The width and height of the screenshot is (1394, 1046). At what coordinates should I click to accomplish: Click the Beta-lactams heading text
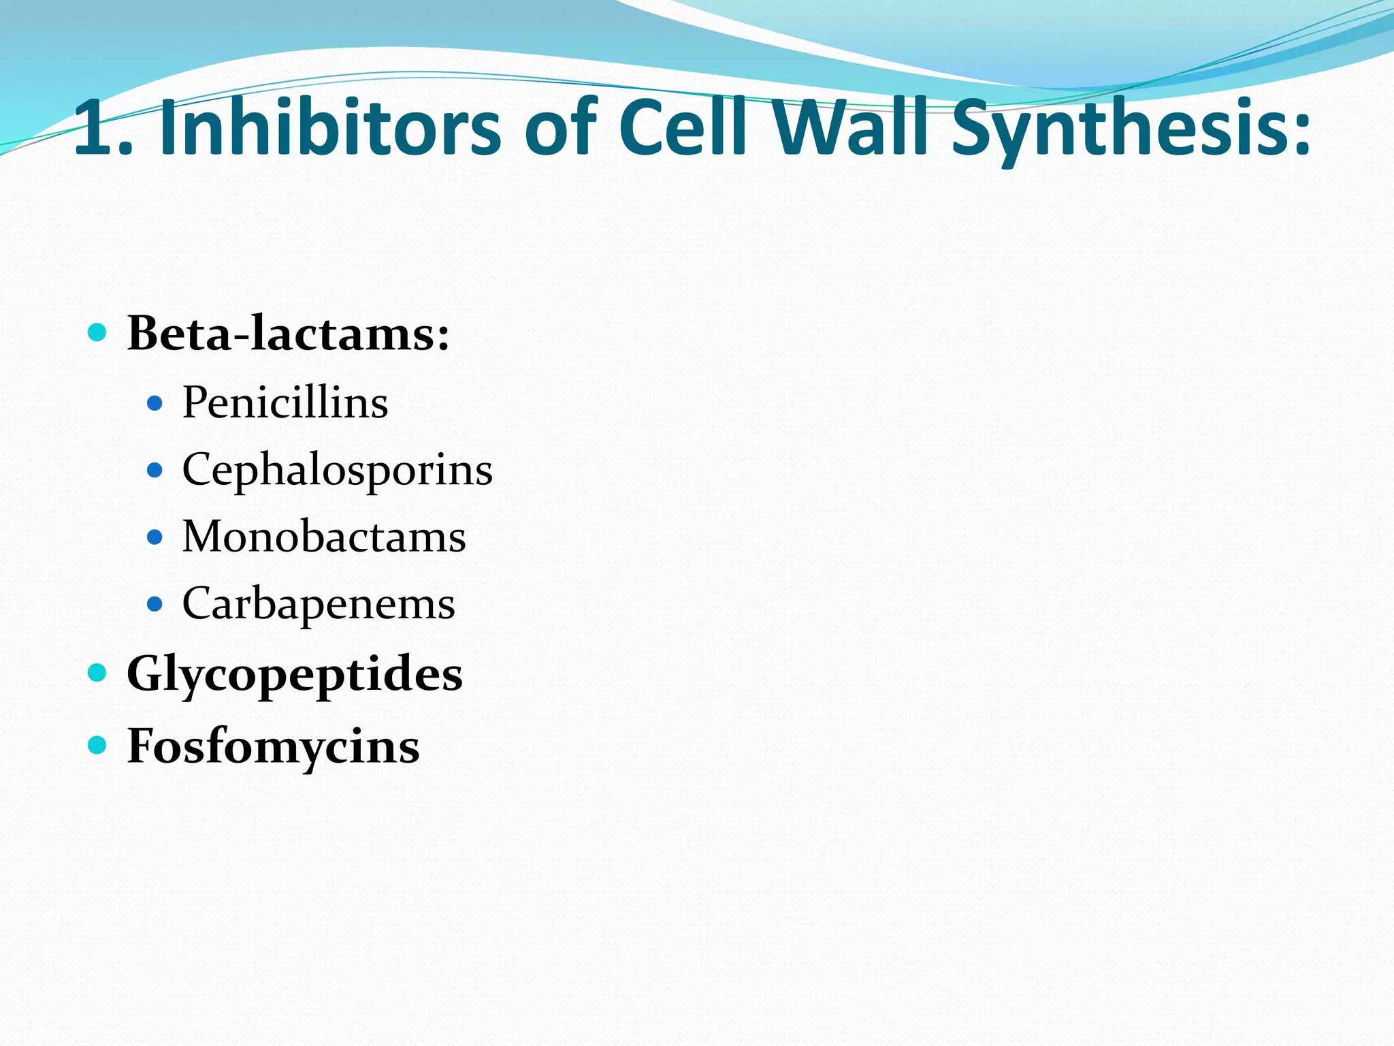pos(289,334)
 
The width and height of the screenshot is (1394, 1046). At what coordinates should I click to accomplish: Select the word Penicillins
pos(285,402)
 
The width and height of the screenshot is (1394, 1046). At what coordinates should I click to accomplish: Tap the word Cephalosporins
pos(337,470)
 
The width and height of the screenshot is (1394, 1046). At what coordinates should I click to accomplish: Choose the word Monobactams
pos(324,537)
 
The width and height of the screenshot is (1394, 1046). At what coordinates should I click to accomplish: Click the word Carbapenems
pos(319,604)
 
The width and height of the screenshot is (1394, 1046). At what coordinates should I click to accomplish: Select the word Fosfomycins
pos(273,746)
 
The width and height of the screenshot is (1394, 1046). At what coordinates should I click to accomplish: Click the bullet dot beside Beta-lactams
pos(98,333)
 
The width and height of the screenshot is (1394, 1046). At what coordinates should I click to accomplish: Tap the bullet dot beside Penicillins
pos(155,403)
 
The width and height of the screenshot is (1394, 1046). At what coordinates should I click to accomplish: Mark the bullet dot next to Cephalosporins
pos(155,471)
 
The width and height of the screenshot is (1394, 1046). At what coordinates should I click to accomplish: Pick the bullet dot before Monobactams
pos(155,537)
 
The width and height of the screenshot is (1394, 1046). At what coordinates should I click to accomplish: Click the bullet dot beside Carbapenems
pos(155,604)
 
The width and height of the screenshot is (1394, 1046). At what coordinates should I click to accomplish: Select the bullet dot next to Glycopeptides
pos(98,673)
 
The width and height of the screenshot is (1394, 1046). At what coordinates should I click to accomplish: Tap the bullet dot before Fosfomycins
pos(98,745)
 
